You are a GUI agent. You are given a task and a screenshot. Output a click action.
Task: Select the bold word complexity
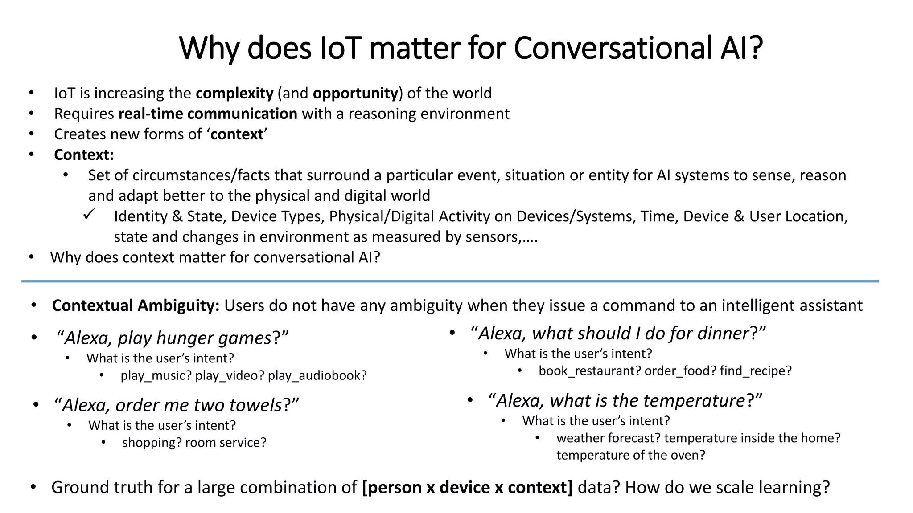click(234, 93)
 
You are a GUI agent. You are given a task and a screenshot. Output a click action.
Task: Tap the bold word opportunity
click(355, 93)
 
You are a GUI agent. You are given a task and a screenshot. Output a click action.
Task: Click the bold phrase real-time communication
click(208, 114)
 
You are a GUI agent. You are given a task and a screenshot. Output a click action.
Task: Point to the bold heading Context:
click(84, 155)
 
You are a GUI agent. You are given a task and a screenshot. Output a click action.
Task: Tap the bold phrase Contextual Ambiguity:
click(136, 305)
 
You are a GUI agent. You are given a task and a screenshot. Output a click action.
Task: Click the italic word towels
click(255, 405)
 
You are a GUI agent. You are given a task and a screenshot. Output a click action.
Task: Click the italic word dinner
click(722, 333)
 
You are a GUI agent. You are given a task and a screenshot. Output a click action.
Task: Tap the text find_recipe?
click(756, 370)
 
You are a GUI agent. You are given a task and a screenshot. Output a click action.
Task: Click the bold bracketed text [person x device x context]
click(467, 487)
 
